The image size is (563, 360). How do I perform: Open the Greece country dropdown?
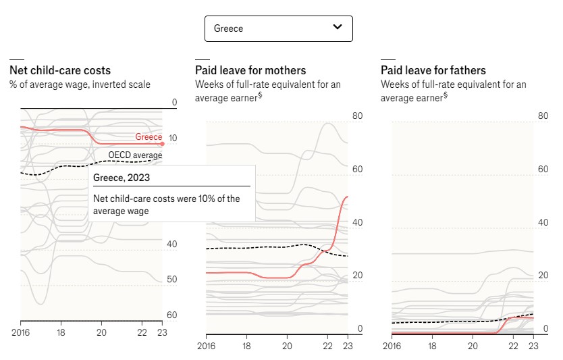pyautogui.click(x=278, y=28)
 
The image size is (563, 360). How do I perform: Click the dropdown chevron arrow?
pyautogui.click(x=338, y=28)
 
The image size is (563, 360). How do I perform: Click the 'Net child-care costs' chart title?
pyautogui.click(x=60, y=70)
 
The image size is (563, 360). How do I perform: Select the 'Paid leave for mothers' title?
pyautogui.click(x=250, y=70)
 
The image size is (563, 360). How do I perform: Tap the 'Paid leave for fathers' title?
pyautogui.click(x=433, y=70)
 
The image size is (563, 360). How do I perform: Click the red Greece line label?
pyautogui.click(x=149, y=137)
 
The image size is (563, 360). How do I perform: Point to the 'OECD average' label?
pyautogui.click(x=135, y=155)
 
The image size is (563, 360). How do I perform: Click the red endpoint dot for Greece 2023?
pyautogui.click(x=162, y=143)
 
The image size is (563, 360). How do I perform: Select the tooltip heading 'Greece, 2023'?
pyautogui.click(x=122, y=178)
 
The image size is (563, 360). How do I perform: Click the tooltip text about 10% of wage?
pyautogui.click(x=166, y=205)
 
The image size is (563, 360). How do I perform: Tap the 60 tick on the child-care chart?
pyautogui.click(x=171, y=315)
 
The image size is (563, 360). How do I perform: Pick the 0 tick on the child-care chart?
pyautogui.click(x=173, y=103)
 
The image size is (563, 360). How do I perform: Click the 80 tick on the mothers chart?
pyautogui.click(x=358, y=116)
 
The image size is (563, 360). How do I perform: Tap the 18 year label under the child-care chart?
pyautogui.click(x=61, y=333)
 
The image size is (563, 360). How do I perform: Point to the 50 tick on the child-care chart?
pyautogui.click(x=171, y=280)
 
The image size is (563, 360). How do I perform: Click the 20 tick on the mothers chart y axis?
pyautogui.click(x=358, y=276)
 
